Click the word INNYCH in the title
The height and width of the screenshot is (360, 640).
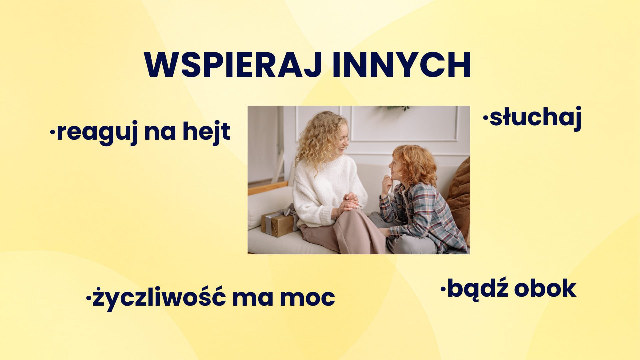coord(402,65)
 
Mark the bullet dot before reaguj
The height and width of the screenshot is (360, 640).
coord(52,133)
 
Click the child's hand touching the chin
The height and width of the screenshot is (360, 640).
coord(387,183)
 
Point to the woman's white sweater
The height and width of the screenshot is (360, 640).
coord(322,188)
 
